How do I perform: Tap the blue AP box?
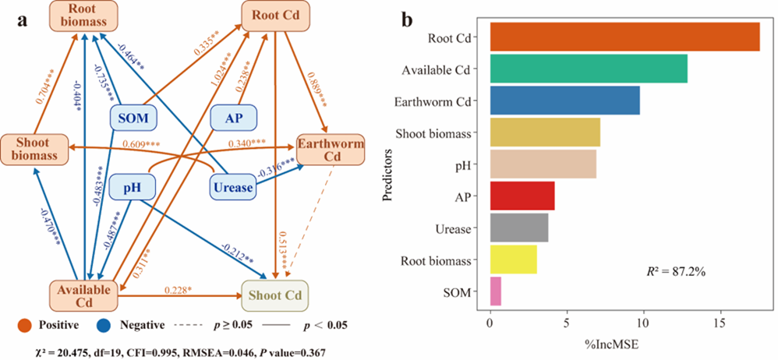pyautogui.click(x=232, y=119)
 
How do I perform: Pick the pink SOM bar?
pyautogui.click(x=495, y=292)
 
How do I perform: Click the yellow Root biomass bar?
pyautogui.click(x=513, y=259)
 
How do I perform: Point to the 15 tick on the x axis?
pyautogui.click(x=720, y=323)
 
